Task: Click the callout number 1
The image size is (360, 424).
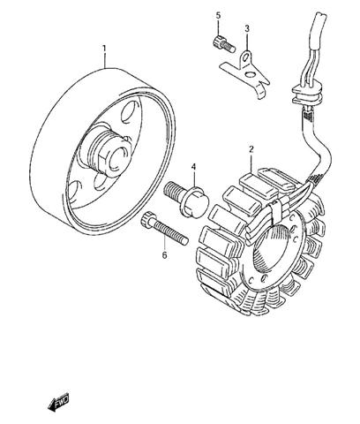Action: (x=104, y=49)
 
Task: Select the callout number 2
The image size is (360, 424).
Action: (x=251, y=149)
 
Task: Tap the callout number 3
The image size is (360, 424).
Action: (x=247, y=28)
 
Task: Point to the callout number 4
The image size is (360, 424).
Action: (x=193, y=167)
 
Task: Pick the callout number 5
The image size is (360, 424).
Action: (x=218, y=15)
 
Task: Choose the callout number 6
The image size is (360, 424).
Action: (x=164, y=255)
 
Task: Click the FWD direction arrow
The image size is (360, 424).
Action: (x=58, y=402)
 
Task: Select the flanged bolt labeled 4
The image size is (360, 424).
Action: (x=186, y=199)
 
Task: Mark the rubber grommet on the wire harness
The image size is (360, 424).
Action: (x=307, y=94)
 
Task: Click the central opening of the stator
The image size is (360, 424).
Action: (x=272, y=250)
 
